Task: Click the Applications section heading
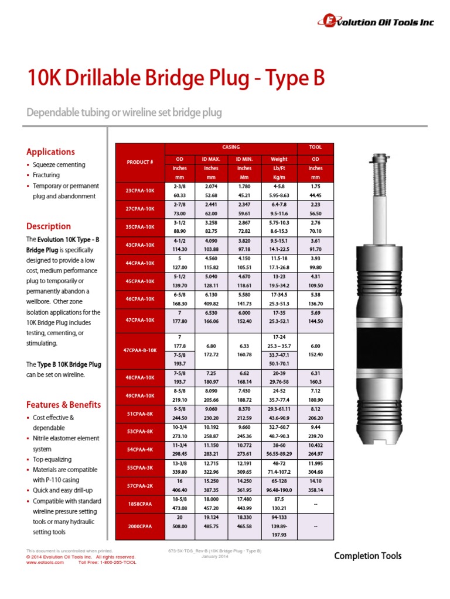[x=51, y=152]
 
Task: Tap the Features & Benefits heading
[x=63, y=404]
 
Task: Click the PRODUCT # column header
[x=140, y=161]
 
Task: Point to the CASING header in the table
[x=231, y=148]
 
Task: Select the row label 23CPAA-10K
[x=140, y=190]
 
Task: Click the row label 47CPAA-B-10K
[x=140, y=350]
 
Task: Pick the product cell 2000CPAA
[x=140, y=526]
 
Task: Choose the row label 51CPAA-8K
[x=140, y=414]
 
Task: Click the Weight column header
[x=279, y=159]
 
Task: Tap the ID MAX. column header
[x=212, y=159]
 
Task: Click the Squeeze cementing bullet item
[x=59, y=165]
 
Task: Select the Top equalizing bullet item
[x=52, y=459]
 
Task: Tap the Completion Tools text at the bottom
[x=367, y=556]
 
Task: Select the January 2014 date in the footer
[x=214, y=556]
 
